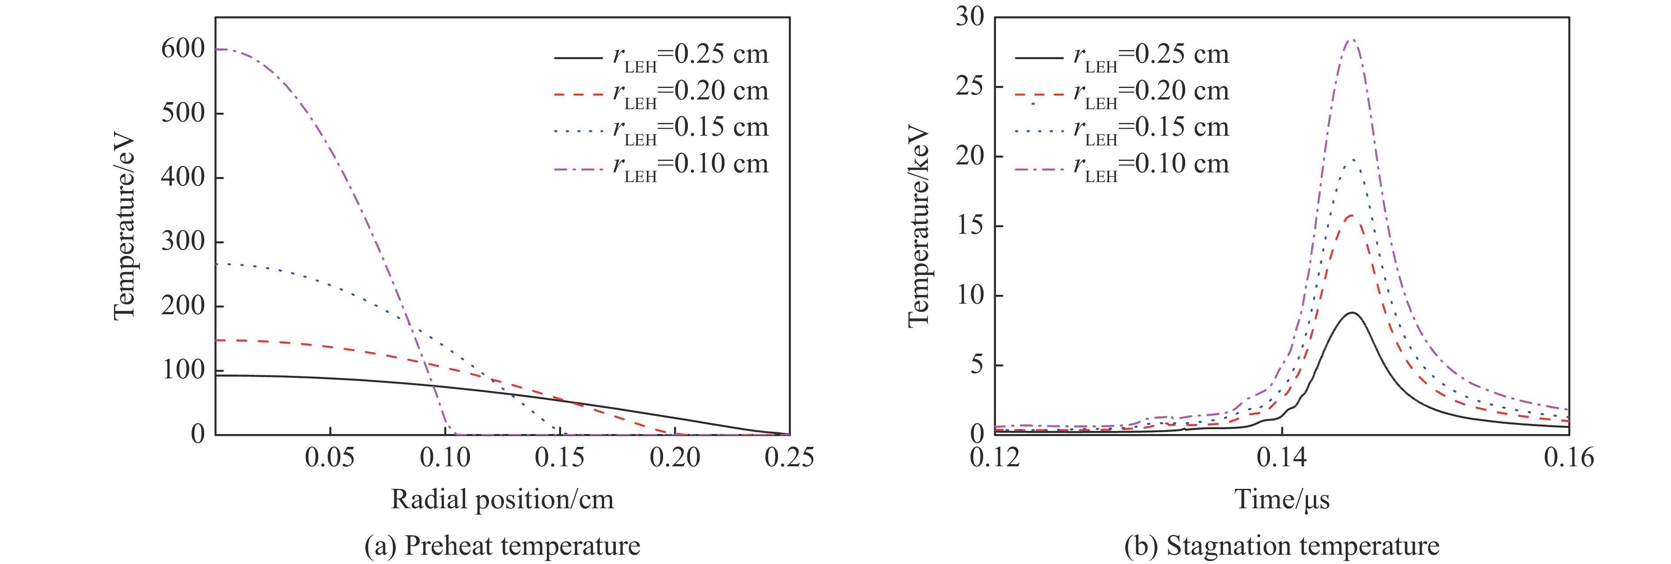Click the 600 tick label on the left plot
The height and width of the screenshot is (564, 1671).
pos(183,49)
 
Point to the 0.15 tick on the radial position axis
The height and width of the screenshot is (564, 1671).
pos(560,457)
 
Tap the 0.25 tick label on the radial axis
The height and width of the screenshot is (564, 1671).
pos(789,457)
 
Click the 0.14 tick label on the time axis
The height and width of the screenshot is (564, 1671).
pos(1282,457)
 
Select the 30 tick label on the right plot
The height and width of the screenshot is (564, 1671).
pos(970,17)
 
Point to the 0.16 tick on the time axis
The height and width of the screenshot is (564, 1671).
pos(1568,457)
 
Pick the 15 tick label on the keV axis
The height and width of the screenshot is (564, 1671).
pos(970,225)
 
